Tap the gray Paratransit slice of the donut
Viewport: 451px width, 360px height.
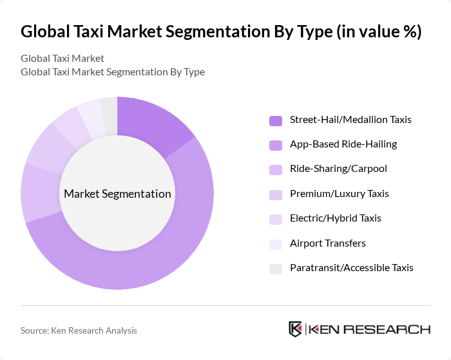[x=109, y=115]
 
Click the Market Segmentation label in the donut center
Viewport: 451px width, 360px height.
[x=117, y=194]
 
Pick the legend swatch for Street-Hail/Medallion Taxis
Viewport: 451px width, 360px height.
[x=276, y=120]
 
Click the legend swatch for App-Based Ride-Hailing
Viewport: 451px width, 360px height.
[x=276, y=145]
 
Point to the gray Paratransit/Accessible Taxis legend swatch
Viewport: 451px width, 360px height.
[x=276, y=268]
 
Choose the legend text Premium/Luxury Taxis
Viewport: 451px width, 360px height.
[x=339, y=194]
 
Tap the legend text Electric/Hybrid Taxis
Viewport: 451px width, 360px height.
[x=335, y=218]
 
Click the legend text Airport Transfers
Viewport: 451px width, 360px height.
[x=327, y=243]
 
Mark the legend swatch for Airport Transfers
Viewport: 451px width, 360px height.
[x=276, y=243]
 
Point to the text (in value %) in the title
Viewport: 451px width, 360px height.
[x=376, y=32]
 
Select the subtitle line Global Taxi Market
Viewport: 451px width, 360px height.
[x=62, y=59]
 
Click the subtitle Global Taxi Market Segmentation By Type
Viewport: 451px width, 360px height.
[x=113, y=72]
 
